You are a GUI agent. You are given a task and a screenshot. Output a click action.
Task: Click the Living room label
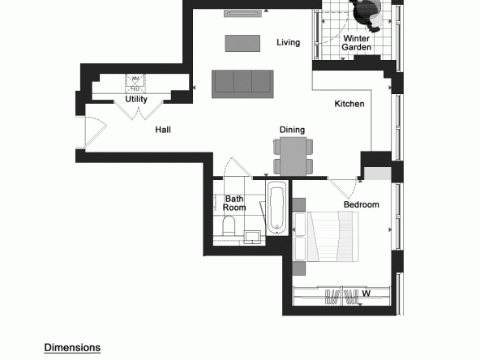pyautogui.click(x=288, y=42)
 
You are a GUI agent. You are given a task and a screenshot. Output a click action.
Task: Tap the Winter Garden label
pyautogui.click(x=356, y=43)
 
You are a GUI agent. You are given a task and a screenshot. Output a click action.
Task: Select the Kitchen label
pyautogui.click(x=349, y=104)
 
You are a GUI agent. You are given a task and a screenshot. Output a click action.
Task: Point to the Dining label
pyautogui.click(x=292, y=130)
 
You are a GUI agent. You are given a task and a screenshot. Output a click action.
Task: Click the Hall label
pyautogui.click(x=163, y=130)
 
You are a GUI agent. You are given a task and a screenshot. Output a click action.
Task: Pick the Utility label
pyautogui.click(x=136, y=99)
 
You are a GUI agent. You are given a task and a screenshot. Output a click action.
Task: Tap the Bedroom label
pyautogui.click(x=362, y=204)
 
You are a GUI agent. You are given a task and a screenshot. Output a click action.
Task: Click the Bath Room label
pyautogui.click(x=234, y=204)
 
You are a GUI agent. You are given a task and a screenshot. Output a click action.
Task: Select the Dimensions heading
pyautogui.click(x=72, y=348)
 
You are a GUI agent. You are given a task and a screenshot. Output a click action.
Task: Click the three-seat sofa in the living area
pyautogui.click(x=242, y=84)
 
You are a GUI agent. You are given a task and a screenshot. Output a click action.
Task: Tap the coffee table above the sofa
pyautogui.click(x=242, y=43)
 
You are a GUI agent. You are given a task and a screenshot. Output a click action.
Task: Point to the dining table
pyautogui.click(x=293, y=156)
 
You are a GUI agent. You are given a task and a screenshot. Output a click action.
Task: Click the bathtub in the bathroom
pyautogui.click(x=277, y=208)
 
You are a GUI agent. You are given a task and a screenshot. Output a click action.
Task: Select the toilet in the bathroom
pyautogui.click(x=229, y=225)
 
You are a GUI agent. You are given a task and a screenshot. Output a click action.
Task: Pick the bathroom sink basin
pyautogui.click(x=252, y=237)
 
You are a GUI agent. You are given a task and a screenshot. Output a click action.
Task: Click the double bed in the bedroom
pyautogui.click(x=326, y=237)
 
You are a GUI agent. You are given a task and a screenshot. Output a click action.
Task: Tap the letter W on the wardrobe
pyautogui.click(x=366, y=294)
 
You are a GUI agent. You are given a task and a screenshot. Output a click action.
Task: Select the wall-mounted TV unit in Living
pyautogui.click(x=242, y=14)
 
